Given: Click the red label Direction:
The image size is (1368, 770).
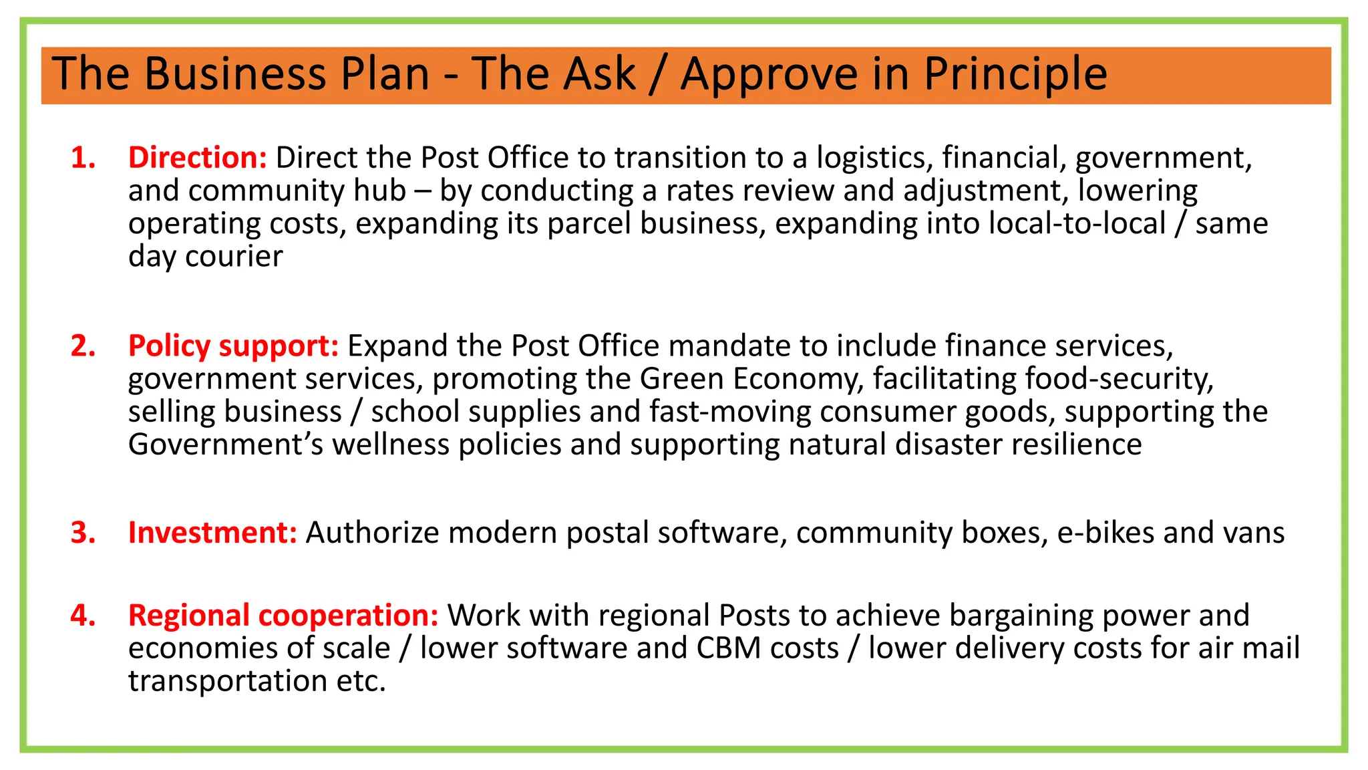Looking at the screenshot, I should pyautogui.click(x=198, y=158).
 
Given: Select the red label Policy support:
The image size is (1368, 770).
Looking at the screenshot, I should pyautogui.click(x=233, y=346).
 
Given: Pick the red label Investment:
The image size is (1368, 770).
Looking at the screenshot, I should pyautogui.click(x=212, y=533).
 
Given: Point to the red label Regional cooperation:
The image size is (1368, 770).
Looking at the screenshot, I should pyautogui.click(x=283, y=616).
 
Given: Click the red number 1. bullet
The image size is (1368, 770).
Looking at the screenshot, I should pyautogui.click(x=83, y=158).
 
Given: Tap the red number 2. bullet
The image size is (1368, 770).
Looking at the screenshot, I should pyautogui.click(x=83, y=346).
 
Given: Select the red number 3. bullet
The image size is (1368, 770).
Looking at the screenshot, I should pyautogui.click(x=83, y=533).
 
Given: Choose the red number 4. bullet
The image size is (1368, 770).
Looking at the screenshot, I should pyautogui.click(x=83, y=616).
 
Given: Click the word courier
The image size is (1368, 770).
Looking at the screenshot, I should pyautogui.click(x=234, y=257).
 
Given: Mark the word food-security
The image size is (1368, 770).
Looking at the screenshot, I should pyautogui.click(x=1119, y=379).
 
